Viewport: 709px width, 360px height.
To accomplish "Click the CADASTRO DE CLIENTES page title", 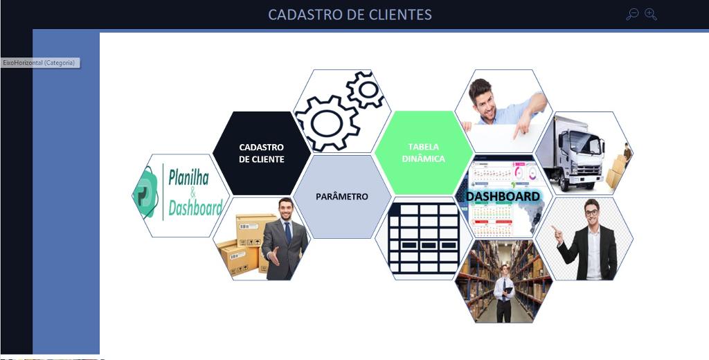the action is tap(350, 15).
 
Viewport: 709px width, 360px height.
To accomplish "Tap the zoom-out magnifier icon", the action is tap(631, 15).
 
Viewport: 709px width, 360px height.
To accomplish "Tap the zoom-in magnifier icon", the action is tap(651, 15).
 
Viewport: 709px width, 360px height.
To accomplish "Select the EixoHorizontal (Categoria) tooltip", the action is tap(39, 63).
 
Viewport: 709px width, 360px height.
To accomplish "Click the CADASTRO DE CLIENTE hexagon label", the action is tap(261, 153).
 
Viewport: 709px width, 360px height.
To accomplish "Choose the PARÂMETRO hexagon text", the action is tap(342, 197).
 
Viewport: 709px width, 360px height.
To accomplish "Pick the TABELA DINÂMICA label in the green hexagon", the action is tap(423, 153).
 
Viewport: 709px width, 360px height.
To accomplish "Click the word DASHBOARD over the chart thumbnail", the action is tap(503, 197).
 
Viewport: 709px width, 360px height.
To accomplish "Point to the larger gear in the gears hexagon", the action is tap(327, 123).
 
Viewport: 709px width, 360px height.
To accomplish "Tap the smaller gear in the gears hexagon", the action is tap(366, 89).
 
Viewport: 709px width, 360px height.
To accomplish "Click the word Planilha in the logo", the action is tap(189, 177).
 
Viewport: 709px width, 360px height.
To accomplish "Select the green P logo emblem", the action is tap(147, 192).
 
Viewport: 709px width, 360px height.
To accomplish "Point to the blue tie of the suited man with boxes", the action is tap(287, 232).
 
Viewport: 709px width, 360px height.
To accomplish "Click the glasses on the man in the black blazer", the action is tap(591, 212).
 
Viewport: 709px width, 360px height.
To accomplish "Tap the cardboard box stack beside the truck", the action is tap(617, 171).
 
